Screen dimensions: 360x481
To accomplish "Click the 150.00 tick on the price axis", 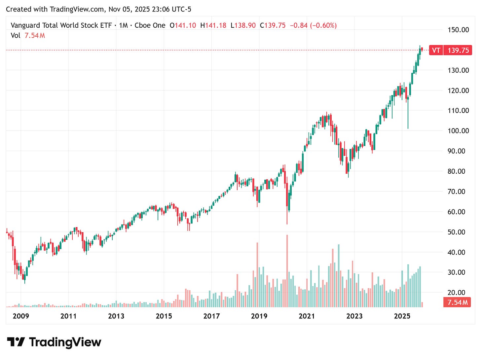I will point(458,30).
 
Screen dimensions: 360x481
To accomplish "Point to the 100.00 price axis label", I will point(458,131).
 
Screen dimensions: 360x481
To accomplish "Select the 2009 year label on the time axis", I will point(21,316).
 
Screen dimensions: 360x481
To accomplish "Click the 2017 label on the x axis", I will point(211,316).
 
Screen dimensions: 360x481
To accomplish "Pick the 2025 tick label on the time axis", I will point(402,316).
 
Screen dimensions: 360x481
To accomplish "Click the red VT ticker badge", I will point(436,50).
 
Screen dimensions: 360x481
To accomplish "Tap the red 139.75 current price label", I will point(458,50).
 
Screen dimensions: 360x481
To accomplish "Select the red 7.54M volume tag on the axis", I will point(457,302).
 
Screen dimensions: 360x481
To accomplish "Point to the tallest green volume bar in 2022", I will point(339,276).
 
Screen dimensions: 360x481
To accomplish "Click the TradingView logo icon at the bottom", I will point(16,342).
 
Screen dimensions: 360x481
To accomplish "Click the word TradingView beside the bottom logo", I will point(65,342).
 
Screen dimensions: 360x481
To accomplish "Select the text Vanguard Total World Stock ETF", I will point(61,25).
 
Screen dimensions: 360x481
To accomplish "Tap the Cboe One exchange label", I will point(150,25).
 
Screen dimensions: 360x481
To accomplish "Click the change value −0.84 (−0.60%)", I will point(313,25).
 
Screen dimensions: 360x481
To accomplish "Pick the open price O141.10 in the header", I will point(183,25).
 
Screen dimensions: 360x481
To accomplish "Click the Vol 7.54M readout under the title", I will point(28,35).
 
